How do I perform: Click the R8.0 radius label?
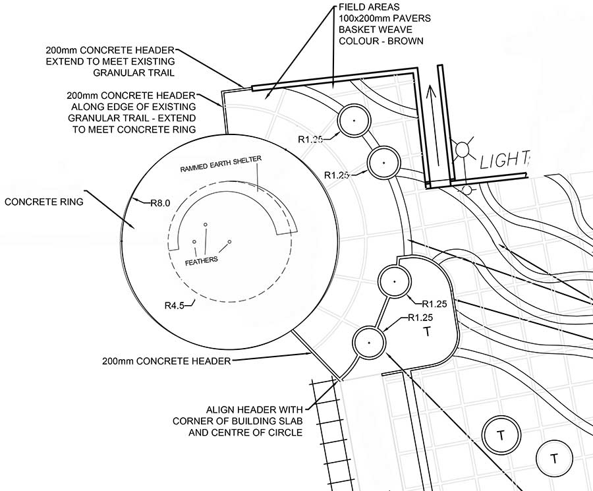click(x=160, y=203)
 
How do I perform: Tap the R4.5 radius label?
click(x=175, y=305)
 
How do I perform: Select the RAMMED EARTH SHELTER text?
click(x=221, y=164)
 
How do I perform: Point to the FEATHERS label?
click(x=201, y=260)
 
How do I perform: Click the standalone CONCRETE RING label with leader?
click(x=44, y=202)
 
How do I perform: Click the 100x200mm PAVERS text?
click(x=385, y=18)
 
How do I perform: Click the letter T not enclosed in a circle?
click(x=426, y=332)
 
